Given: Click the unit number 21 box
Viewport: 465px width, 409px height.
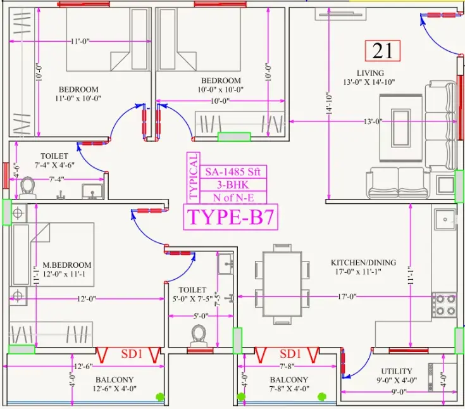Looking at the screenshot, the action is click(x=383, y=51).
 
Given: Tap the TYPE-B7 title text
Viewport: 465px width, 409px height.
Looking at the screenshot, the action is click(x=230, y=217).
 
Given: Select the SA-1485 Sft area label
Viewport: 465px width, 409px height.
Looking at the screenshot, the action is click(x=233, y=172).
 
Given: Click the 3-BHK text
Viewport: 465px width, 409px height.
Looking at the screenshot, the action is click(x=233, y=185).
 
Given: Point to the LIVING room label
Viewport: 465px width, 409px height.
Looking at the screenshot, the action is click(x=370, y=73).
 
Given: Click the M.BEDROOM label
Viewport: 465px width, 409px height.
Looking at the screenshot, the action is click(x=67, y=265).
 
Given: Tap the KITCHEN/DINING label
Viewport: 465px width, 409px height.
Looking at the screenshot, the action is click(x=363, y=262).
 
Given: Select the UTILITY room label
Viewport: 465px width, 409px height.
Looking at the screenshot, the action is click(x=397, y=371).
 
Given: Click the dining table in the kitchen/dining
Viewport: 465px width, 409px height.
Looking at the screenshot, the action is click(x=282, y=284).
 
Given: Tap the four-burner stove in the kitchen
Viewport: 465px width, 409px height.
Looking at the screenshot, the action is click(x=444, y=305).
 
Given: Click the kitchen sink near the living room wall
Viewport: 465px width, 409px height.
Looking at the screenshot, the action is click(x=445, y=219).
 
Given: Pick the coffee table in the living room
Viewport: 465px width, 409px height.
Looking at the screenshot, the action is click(x=401, y=128).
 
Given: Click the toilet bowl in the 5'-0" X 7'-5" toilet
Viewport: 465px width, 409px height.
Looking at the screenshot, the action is click(x=199, y=336).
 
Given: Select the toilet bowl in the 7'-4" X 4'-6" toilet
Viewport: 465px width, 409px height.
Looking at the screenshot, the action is click(x=28, y=187).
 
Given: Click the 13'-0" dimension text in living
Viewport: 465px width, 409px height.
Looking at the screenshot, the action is click(x=373, y=122).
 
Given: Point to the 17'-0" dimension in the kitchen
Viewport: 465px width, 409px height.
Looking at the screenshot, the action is click(x=347, y=296).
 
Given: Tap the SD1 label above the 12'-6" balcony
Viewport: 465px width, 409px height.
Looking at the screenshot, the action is click(x=132, y=353).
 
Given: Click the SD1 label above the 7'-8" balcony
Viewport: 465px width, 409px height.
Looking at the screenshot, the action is click(x=290, y=353).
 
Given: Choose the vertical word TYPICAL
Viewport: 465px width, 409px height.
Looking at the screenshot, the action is click(x=193, y=176).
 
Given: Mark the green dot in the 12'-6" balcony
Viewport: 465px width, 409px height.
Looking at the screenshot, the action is click(x=160, y=396).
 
